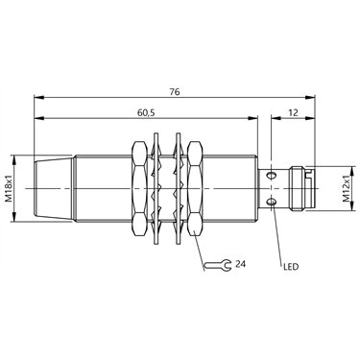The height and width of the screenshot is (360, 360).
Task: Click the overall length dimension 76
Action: click(x=175, y=92)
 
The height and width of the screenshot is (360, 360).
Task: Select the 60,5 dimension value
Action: click(x=146, y=112)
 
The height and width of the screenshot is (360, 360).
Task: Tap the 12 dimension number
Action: click(x=293, y=112)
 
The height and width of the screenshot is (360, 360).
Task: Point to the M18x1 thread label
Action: click(x=10, y=188)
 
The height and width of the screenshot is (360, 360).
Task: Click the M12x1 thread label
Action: click(x=347, y=189)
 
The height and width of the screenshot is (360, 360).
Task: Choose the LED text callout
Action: click(x=291, y=266)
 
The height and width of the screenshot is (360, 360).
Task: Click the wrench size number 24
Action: click(x=240, y=264)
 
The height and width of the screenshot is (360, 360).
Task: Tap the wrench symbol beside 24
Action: click(x=218, y=265)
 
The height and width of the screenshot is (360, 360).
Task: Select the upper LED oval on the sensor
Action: click(x=272, y=175)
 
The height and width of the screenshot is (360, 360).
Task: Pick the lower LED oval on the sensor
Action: click(x=272, y=202)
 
